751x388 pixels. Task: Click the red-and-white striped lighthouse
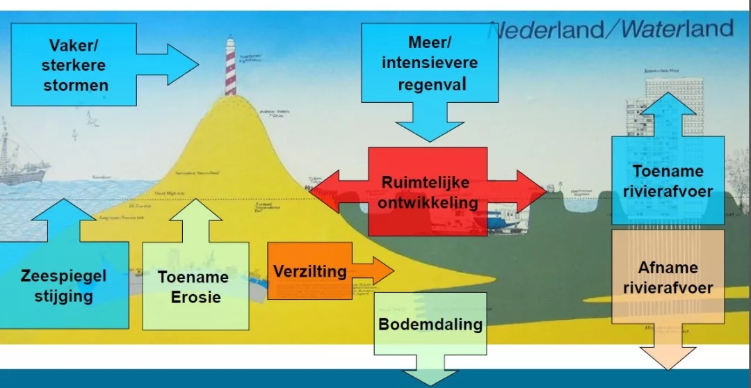(x=230, y=67)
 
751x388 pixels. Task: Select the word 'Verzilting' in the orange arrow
(x=309, y=271)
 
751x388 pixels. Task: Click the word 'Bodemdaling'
(x=430, y=324)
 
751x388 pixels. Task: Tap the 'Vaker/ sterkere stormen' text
(x=74, y=65)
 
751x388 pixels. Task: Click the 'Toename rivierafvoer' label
(x=668, y=180)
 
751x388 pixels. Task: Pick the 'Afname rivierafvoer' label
(x=668, y=277)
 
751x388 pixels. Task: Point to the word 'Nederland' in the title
(x=549, y=31)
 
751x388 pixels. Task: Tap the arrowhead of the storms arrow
(x=182, y=65)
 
